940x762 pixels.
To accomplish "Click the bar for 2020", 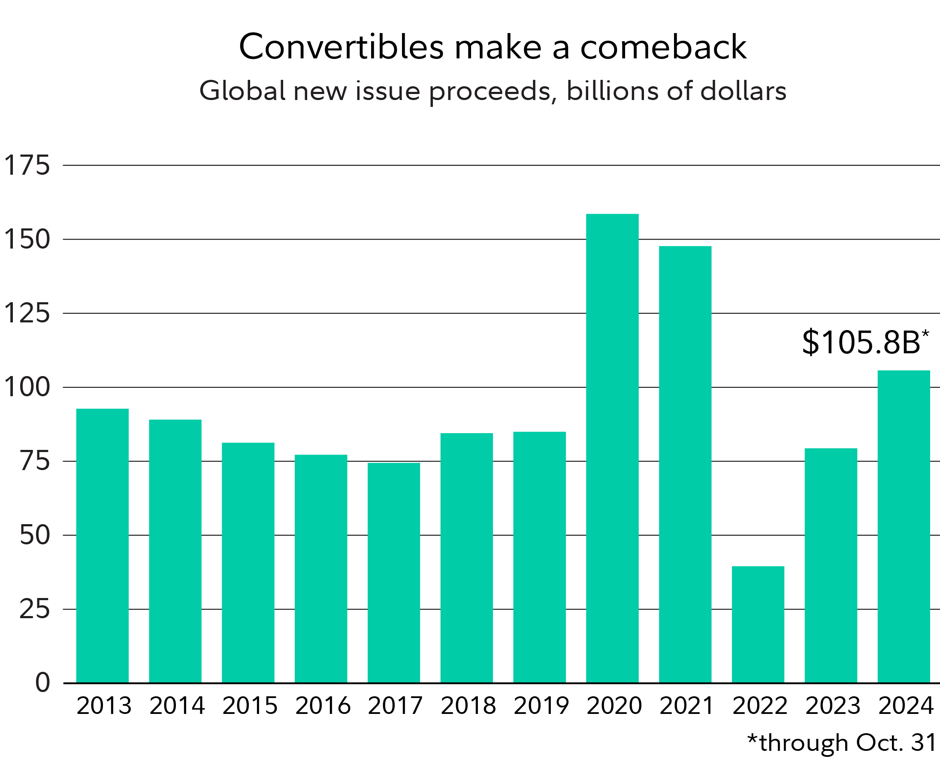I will click(x=612, y=448).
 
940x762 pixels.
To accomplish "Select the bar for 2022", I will click(x=758, y=624).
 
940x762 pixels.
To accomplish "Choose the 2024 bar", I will click(x=904, y=526).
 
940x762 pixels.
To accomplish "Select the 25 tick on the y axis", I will click(x=35, y=610).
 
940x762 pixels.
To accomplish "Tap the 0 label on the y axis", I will click(x=42, y=683).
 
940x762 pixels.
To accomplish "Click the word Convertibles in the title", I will click(x=341, y=47).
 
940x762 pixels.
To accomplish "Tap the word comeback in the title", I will click(x=663, y=47).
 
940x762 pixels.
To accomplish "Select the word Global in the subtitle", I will click(x=242, y=91).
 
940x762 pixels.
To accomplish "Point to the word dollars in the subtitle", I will click(x=743, y=91).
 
